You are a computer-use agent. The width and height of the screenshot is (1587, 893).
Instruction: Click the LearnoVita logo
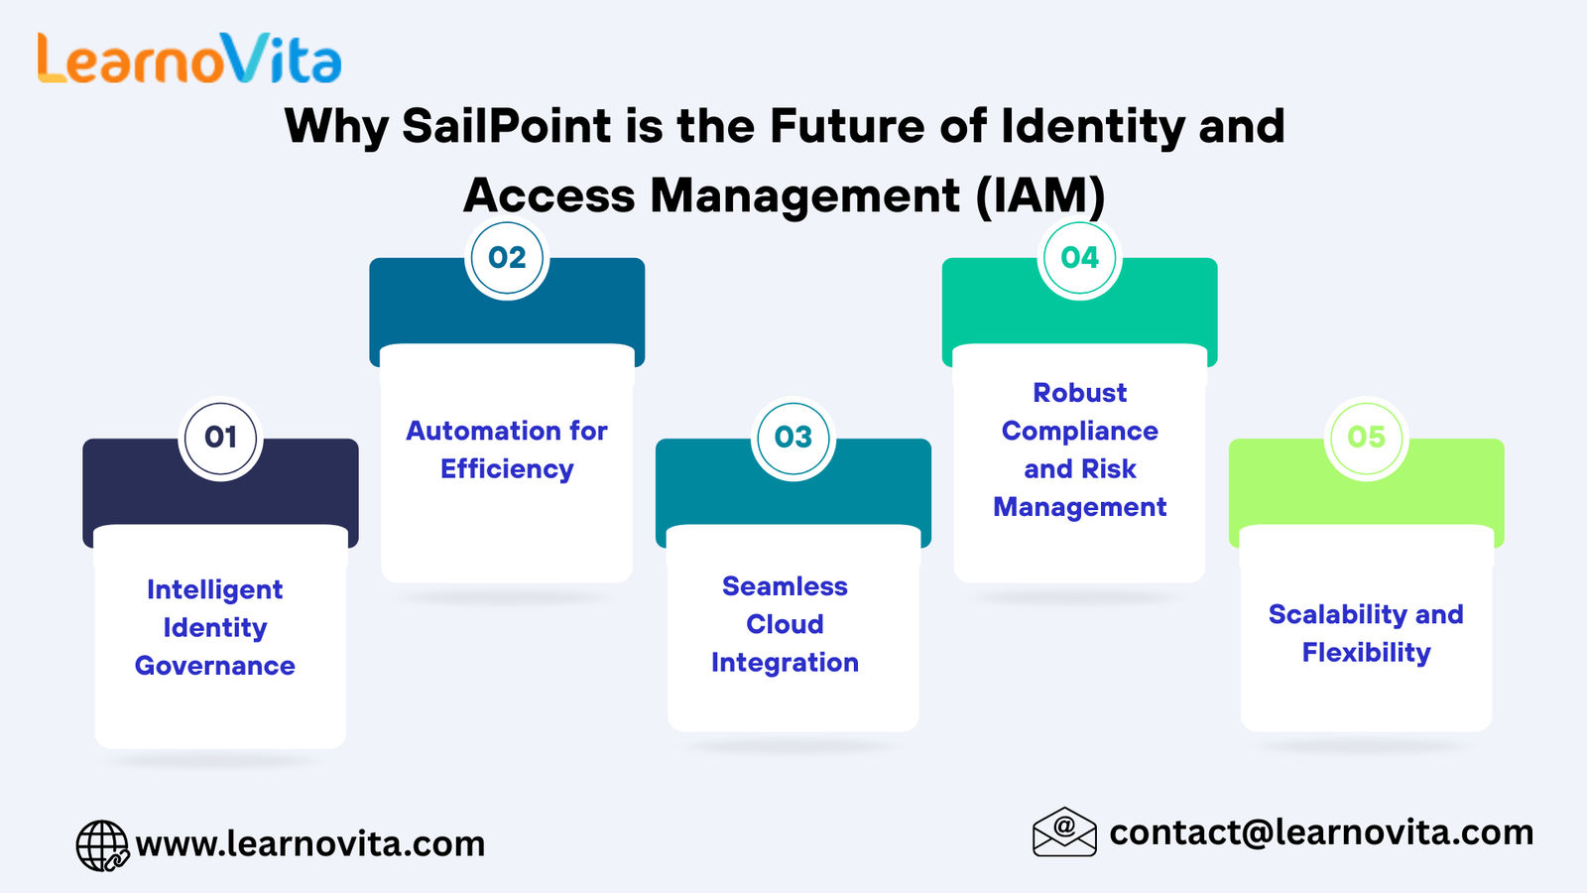pos(189,59)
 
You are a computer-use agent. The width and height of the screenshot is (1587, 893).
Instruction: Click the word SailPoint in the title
pos(507,127)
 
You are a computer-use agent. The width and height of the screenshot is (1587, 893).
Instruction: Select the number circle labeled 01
pos(220,438)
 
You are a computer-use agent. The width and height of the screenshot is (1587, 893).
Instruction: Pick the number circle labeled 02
pos(507,258)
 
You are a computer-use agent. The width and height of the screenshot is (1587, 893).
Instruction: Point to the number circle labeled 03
pos(793,438)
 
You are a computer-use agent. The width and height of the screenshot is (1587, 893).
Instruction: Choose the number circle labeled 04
pos(1080,258)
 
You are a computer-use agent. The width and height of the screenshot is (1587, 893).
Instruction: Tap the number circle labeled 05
pos(1366,438)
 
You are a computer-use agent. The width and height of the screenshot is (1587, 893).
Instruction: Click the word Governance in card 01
pos(214,666)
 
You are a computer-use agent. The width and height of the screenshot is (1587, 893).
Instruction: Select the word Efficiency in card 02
pos(507,470)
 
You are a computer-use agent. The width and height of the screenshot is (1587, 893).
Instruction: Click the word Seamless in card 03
pos(785,586)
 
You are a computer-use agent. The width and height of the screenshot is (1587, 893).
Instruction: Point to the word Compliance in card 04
pos(1080,432)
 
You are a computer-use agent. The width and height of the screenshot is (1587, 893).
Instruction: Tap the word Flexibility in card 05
pos(1366,653)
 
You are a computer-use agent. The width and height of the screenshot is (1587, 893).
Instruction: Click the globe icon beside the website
pos(103,845)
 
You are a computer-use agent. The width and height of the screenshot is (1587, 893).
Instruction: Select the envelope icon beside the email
pos(1064,832)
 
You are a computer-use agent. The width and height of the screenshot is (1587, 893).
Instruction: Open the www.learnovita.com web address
pos(310,844)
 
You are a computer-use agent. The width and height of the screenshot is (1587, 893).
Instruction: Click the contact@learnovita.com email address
pos(1321,832)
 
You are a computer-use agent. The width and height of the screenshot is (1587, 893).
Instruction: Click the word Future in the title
pos(847,127)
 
